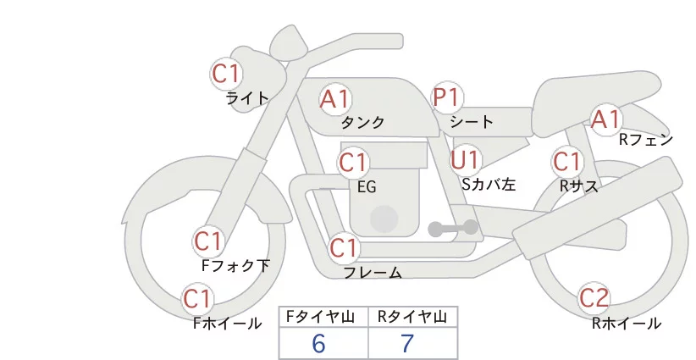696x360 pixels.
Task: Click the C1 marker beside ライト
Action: (x=226, y=73)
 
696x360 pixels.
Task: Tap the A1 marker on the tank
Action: (x=334, y=98)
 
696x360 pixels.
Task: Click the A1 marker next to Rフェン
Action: (x=605, y=119)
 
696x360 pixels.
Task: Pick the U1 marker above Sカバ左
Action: (x=465, y=158)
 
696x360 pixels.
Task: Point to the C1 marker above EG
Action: (x=353, y=162)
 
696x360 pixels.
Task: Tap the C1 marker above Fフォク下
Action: (x=207, y=241)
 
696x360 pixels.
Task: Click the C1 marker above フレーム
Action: (x=344, y=248)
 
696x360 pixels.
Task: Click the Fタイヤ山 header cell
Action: (x=323, y=317)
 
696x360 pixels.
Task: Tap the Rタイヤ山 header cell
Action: (x=412, y=317)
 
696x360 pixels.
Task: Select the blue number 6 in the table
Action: (x=319, y=343)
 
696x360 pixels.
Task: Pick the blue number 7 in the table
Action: (x=407, y=343)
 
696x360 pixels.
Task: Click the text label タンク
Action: (x=362, y=123)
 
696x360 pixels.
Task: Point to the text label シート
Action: (x=472, y=122)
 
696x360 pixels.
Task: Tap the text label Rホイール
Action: (x=626, y=323)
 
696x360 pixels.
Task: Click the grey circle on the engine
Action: (x=384, y=219)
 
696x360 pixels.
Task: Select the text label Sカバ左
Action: (x=489, y=183)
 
